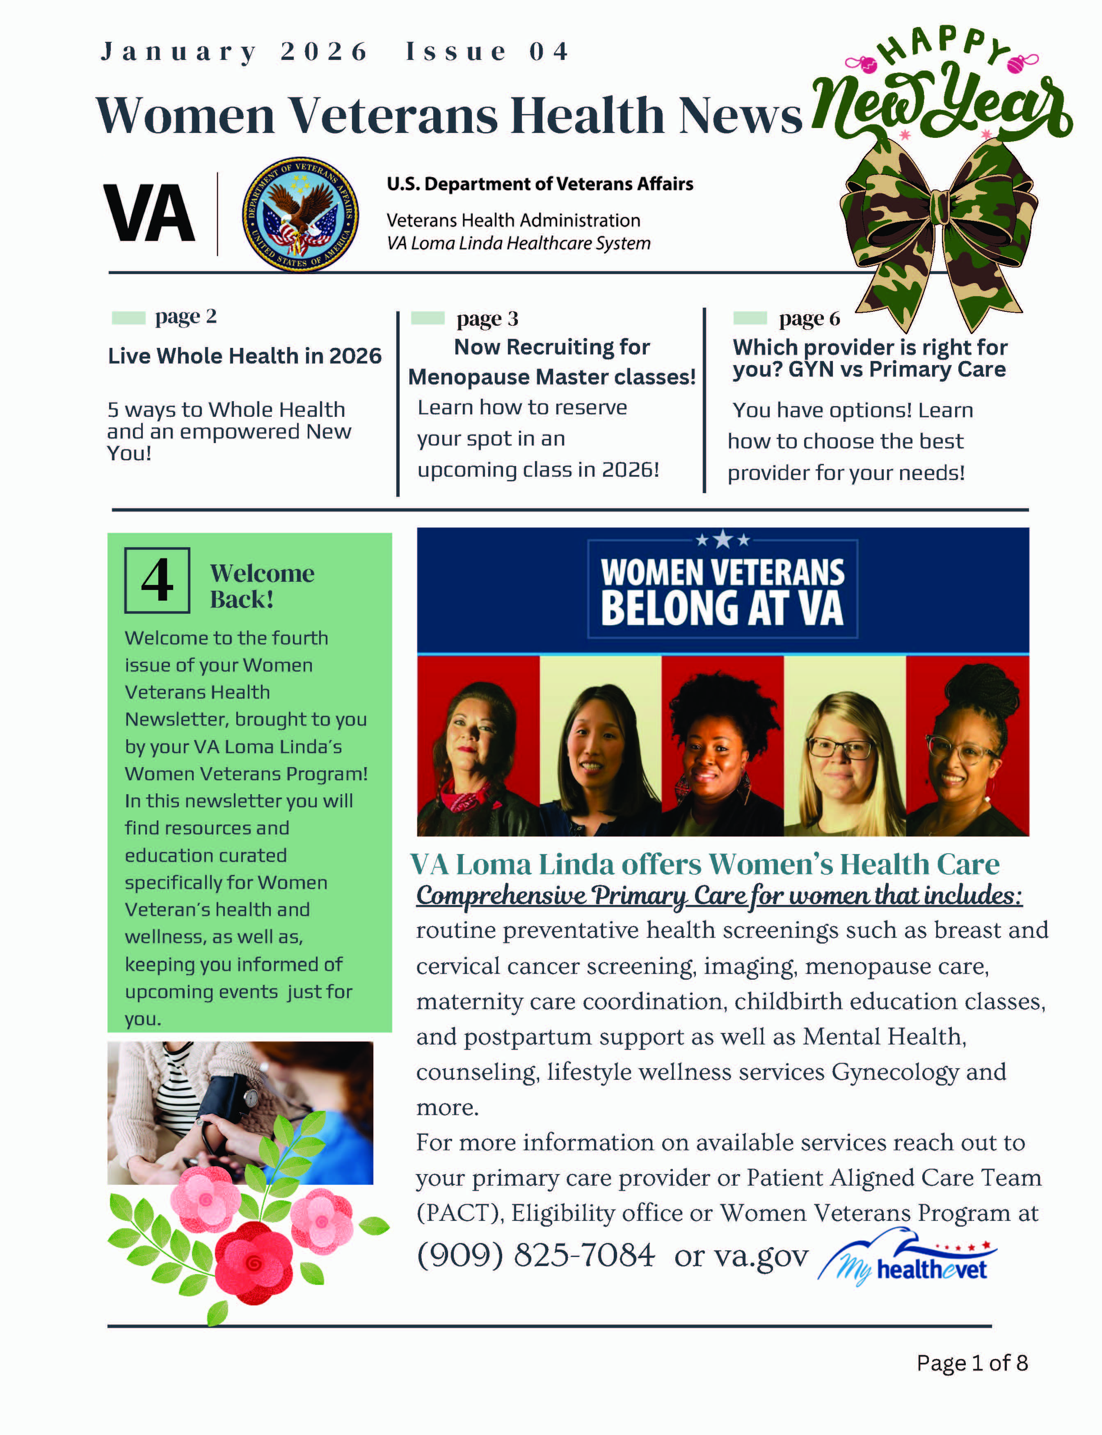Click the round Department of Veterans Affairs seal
pyautogui.click(x=300, y=215)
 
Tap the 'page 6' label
pyautogui.click(x=809, y=319)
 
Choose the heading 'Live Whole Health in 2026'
pyautogui.click(x=245, y=356)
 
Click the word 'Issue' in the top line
pyautogui.click(x=456, y=51)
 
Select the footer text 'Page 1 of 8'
pyautogui.click(x=972, y=1363)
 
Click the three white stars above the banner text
pyautogui.click(x=722, y=540)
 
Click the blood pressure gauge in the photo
pyautogui.click(x=251, y=1097)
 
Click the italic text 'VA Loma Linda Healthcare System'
pyautogui.click(x=518, y=243)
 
